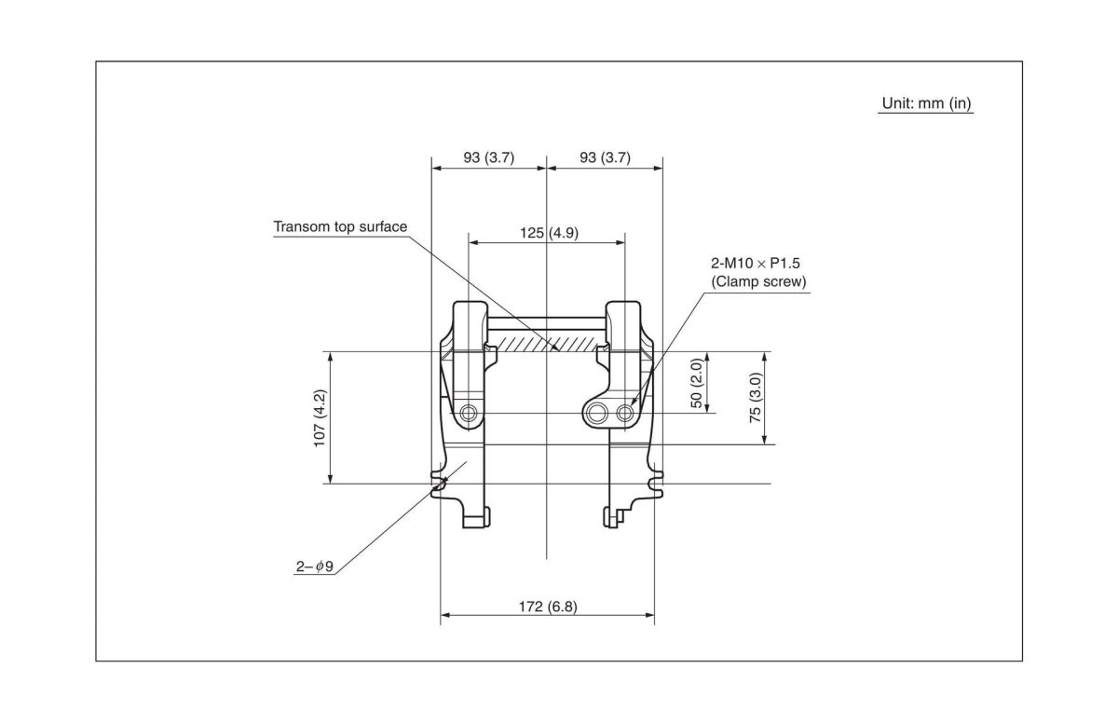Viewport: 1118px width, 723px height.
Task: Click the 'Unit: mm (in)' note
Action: click(x=926, y=103)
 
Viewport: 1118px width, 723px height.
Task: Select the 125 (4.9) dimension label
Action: click(x=549, y=232)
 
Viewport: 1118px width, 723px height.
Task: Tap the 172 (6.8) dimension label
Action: click(x=548, y=607)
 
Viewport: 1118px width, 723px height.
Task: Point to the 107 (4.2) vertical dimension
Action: click(x=320, y=417)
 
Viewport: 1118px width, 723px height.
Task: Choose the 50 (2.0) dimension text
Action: click(x=696, y=382)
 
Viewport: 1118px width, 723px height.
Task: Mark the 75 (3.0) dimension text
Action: click(x=756, y=398)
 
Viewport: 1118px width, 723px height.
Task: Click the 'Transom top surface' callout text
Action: click(x=340, y=226)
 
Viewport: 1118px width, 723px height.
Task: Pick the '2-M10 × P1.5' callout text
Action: click(x=757, y=265)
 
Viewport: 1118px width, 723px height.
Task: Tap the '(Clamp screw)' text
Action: click(x=757, y=281)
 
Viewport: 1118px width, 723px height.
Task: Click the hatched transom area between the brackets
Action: click(x=548, y=344)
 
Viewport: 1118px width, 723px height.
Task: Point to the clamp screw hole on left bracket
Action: click(x=469, y=412)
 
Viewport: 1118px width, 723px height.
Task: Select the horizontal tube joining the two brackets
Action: click(x=548, y=325)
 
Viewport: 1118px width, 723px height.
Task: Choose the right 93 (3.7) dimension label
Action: click(x=605, y=157)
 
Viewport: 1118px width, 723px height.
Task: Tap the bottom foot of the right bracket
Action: click(x=616, y=515)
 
